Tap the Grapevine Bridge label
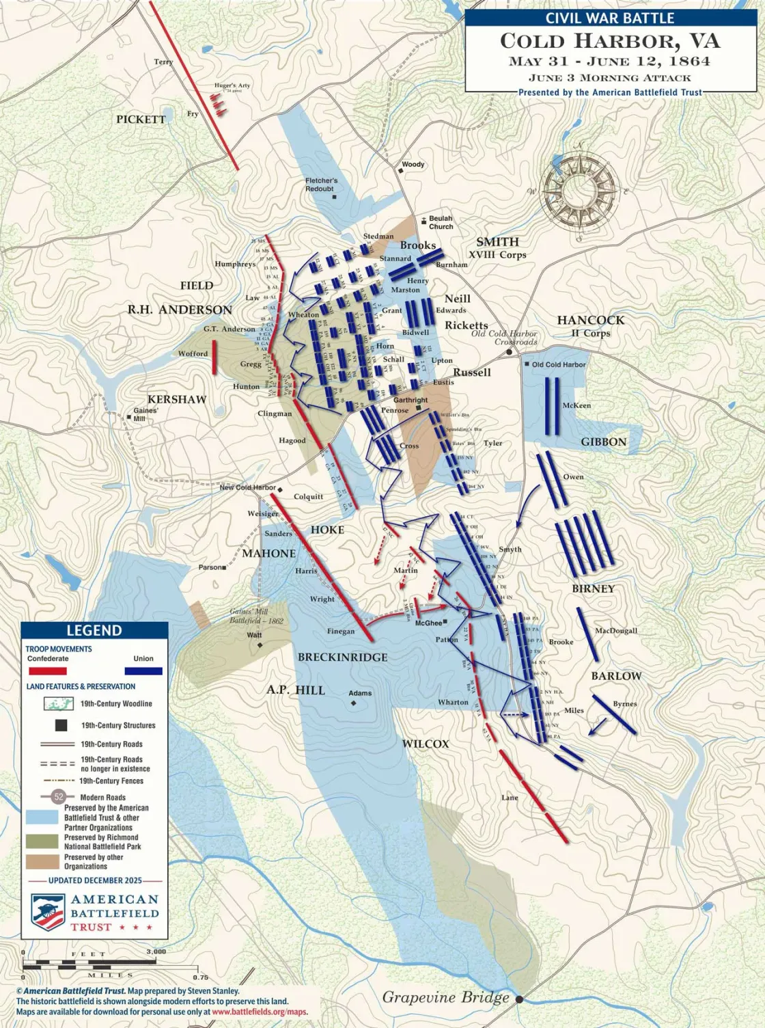click(x=445, y=997)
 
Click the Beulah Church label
click(x=441, y=222)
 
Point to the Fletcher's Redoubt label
click(x=321, y=185)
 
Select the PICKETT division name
click(x=141, y=119)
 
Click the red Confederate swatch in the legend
click(x=47, y=671)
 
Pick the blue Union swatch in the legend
click(x=143, y=671)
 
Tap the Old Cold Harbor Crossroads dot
click(x=510, y=352)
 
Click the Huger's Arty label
click(x=232, y=86)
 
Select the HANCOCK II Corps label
click(x=591, y=325)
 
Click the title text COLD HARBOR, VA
click(x=609, y=41)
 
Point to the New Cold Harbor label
click(x=247, y=487)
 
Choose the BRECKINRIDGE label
click(x=342, y=657)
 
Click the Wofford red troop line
click(x=214, y=357)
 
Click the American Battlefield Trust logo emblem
click(x=46, y=912)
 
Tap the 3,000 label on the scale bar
click(x=156, y=951)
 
